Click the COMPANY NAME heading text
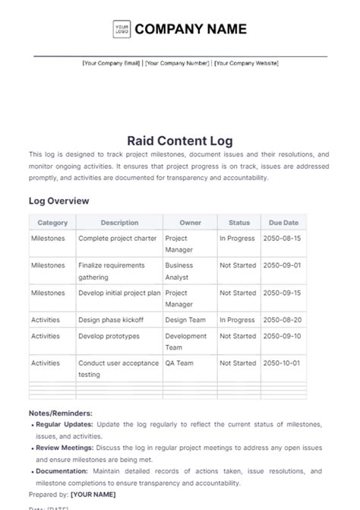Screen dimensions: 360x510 (191, 30)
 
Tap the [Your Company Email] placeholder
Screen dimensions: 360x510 (111, 64)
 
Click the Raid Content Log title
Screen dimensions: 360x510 (180, 141)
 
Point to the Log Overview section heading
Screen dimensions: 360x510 (59, 201)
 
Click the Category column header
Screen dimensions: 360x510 (52, 223)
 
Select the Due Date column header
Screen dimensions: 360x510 (283, 223)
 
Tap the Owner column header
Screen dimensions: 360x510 (190, 223)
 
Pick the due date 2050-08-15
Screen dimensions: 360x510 (281, 238)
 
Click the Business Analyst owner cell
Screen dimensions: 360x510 (179, 271)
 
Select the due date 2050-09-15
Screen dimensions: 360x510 (281, 293)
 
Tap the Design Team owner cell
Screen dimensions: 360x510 (185, 320)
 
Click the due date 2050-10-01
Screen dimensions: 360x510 (281, 363)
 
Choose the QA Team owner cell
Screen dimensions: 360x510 (179, 363)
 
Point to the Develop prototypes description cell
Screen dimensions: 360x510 (109, 336)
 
